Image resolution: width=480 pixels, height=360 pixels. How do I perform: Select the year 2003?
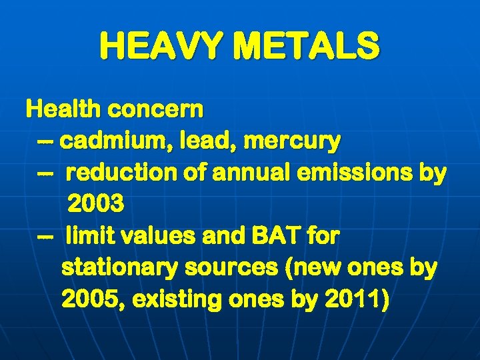click(95, 205)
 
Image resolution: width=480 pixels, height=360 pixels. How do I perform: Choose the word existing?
click(175, 300)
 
